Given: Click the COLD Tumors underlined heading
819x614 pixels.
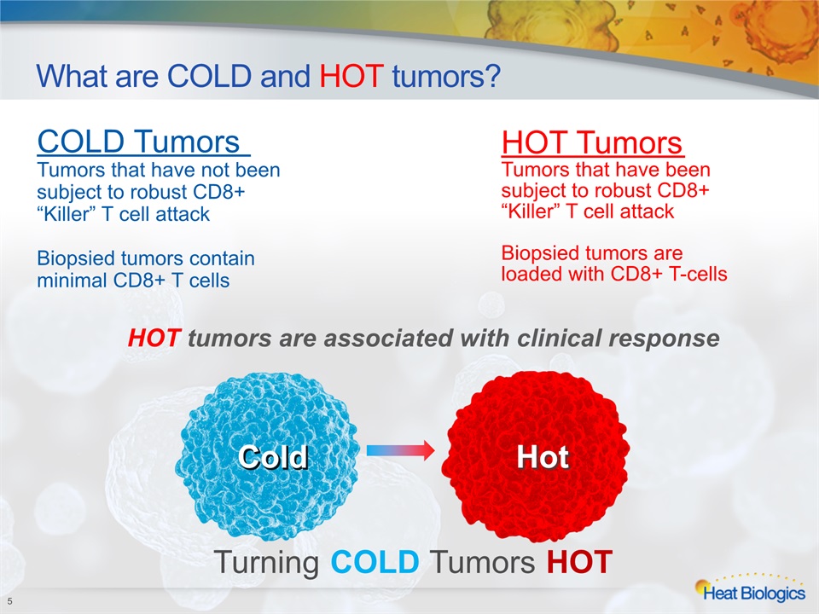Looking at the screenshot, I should point(142,142).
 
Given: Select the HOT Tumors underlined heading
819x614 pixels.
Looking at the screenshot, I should point(592,142).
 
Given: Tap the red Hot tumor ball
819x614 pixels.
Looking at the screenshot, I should point(536,460).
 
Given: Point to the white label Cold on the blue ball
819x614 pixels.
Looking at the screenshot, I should point(273,457).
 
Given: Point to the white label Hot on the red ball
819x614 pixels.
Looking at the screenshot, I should point(543,458).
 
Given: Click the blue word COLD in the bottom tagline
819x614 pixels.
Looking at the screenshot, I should point(375,562).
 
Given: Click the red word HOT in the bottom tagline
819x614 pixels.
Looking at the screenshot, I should point(579,562).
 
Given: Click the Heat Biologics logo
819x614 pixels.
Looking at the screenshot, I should point(750,589).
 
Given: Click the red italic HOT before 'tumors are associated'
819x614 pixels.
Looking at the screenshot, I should point(154,339).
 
